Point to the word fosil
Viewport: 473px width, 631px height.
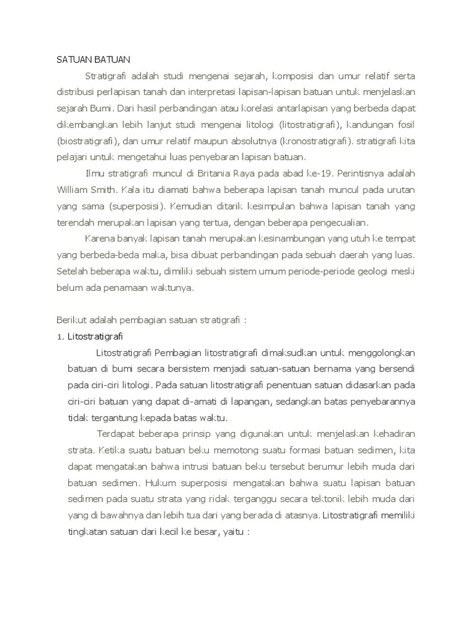coord(403,124)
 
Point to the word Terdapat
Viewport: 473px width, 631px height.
coord(116,433)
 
